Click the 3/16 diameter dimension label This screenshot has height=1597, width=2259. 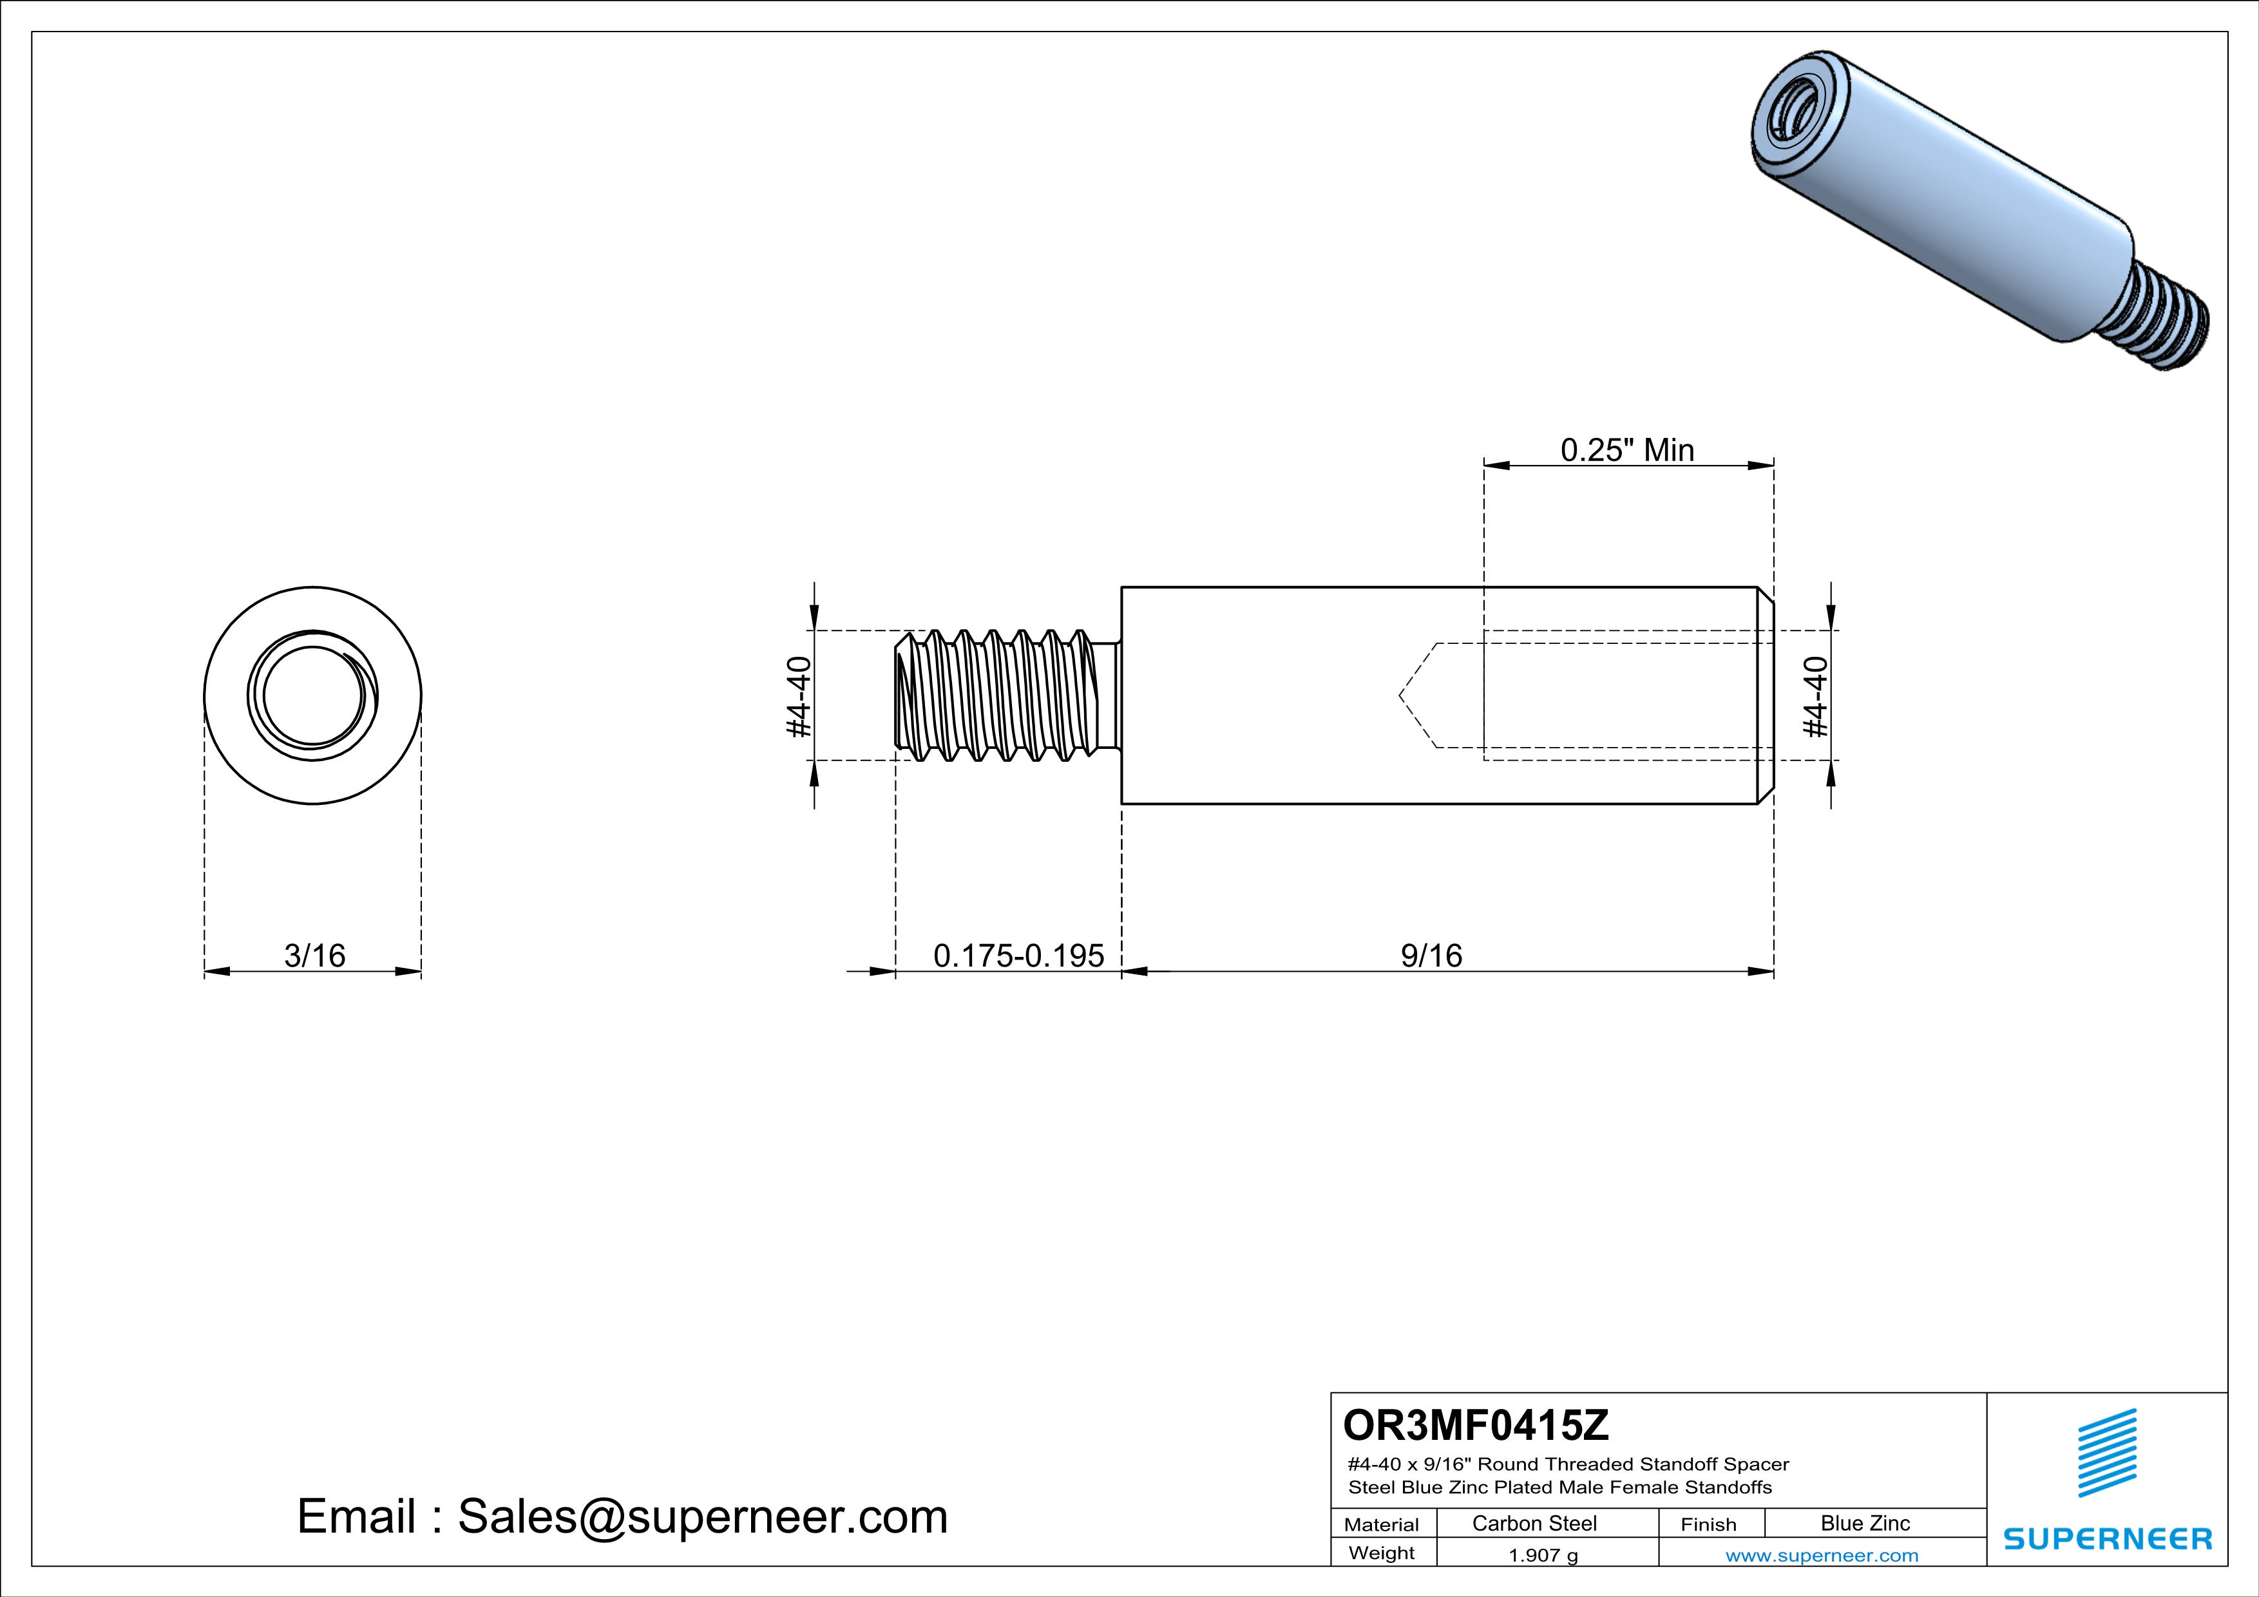(x=315, y=955)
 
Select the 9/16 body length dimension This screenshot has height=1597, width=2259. (x=1431, y=955)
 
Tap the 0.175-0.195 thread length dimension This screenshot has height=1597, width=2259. (x=1018, y=955)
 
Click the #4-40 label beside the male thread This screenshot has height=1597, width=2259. (x=799, y=696)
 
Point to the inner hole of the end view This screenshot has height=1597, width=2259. (x=313, y=696)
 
